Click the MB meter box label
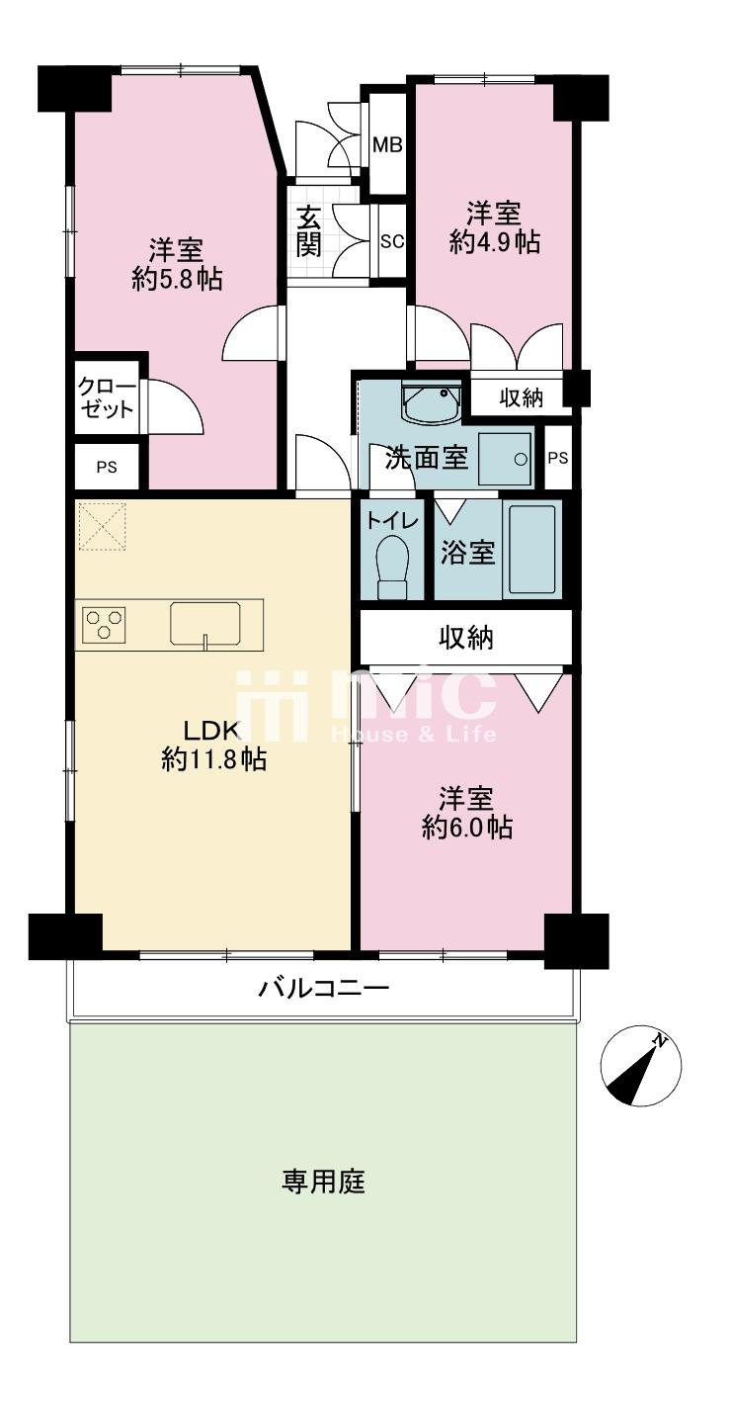(387, 145)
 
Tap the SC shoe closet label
(393, 240)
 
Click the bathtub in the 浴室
(532, 550)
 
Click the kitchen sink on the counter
(205, 624)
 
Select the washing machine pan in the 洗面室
(505, 459)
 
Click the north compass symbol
(641, 1065)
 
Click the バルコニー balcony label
(324, 988)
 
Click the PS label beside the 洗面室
(558, 458)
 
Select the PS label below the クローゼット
(107, 468)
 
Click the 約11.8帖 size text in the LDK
(214, 759)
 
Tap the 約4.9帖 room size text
(495, 242)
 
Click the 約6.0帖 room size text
(467, 828)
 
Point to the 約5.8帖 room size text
(177, 278)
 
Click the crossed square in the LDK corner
(103, 525)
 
